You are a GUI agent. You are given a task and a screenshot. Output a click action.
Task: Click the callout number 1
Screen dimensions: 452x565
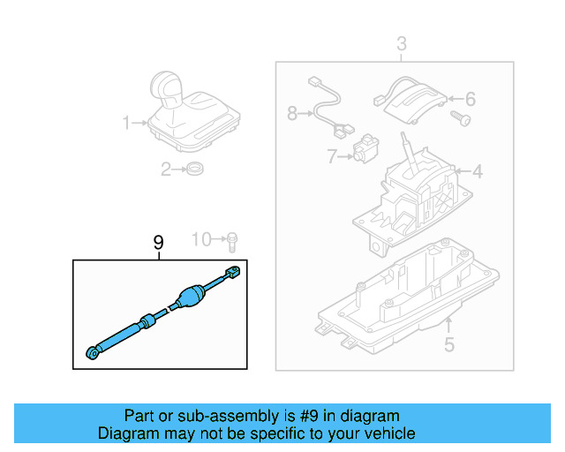pyautogui.click(x=126, y=122)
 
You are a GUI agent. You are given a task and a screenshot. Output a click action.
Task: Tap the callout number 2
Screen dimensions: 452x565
pyautogui.click(x=165, y=169)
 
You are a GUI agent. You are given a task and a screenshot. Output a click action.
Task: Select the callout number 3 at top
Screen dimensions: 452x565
pyautogui.click(x=401, y=43)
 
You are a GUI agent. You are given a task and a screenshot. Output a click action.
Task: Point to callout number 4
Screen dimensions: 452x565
pyautogui.click(x=478, y=171)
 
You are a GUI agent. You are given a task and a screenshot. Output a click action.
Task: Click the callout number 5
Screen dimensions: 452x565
pyautogui.click(x=448, y=345)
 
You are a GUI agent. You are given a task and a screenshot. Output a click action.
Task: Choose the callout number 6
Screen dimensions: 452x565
pyautogui.click(x=470, y=99)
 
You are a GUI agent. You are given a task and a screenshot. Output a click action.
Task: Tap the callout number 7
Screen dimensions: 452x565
pyautogui.click(x=331, y=157)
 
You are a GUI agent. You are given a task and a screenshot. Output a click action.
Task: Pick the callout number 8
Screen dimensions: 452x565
pyautogui.click(x=292, y=113)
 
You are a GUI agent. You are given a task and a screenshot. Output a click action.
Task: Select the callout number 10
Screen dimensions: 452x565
pyautogui.click(x=202, y=238)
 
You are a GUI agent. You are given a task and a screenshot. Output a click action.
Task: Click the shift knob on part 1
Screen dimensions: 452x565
pyautogui.click(x=167, y=88)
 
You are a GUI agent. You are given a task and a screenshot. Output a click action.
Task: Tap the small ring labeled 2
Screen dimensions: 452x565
pyautogui.click(x=195, y=169)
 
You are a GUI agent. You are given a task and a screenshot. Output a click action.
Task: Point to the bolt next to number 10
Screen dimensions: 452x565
pyautogui.click(x=231, y=239)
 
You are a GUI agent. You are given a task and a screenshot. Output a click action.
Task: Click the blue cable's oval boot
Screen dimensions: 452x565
pyautogui.click(x=190, y=298)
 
